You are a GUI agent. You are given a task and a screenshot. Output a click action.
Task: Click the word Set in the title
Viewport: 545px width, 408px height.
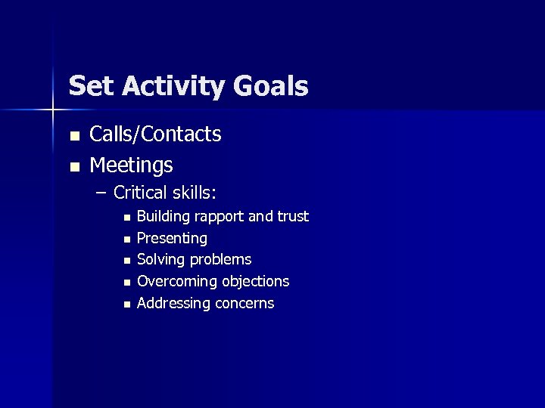89,86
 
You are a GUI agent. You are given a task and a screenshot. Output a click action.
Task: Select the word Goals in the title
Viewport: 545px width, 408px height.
271,86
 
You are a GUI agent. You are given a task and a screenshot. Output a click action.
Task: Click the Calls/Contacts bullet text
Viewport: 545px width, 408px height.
155,134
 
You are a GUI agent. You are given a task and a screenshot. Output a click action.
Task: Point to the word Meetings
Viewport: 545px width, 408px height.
131,165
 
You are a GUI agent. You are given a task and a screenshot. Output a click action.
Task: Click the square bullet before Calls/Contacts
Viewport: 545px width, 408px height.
73,136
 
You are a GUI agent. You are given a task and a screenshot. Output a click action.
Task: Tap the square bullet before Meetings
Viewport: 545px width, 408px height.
73,165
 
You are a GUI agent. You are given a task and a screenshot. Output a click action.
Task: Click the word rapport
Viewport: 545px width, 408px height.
219,217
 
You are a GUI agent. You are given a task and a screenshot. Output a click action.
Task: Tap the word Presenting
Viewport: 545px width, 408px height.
172,239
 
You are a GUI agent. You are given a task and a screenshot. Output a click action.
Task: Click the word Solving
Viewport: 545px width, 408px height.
160,260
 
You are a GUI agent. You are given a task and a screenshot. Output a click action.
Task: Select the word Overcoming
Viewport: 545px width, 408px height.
177,282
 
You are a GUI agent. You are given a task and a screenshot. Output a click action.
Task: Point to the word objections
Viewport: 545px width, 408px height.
256,282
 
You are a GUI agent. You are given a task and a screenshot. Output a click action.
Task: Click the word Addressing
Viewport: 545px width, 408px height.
173,304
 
